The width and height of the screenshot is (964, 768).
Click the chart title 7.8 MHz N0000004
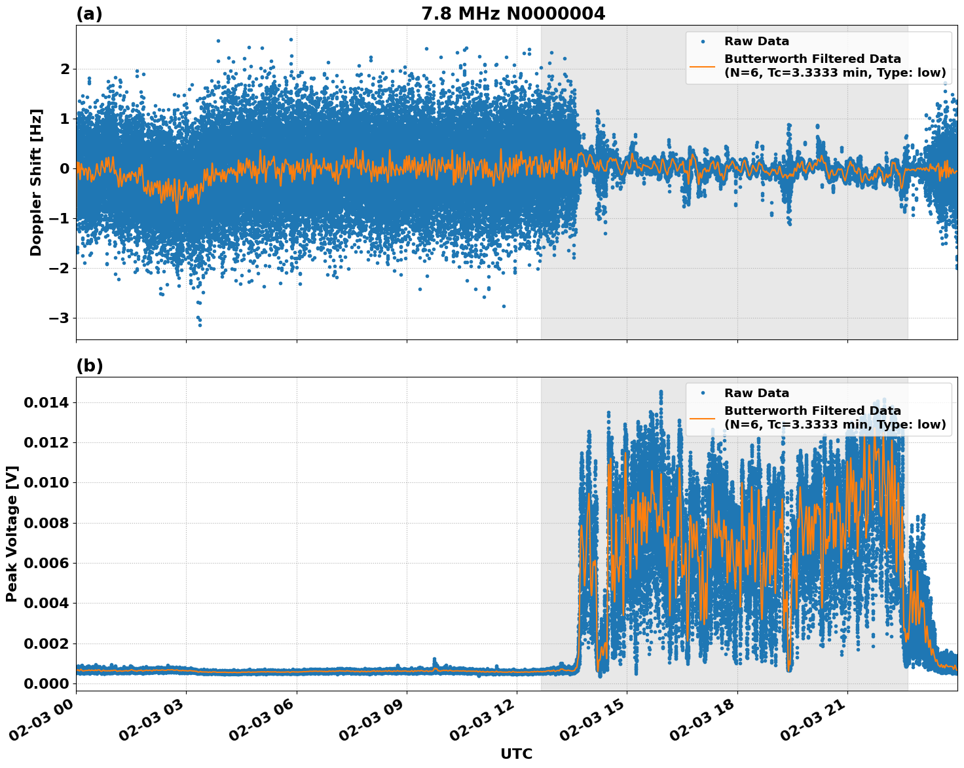pos(513,14)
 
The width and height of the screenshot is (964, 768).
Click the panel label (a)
pos(89,14)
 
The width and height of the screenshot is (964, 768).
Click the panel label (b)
pos(89,366)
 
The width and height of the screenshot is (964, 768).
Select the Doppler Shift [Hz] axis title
pos(36,182)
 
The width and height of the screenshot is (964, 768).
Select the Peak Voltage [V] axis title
pos(12,533)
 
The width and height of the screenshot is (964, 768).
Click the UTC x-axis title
pos(516,754)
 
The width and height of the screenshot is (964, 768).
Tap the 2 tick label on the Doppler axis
pos(65,69)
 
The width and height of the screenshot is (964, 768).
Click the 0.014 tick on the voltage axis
pos(46,402)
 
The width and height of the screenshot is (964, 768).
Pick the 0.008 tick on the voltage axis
pos(46,523)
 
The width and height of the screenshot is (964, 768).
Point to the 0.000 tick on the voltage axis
pos(46,683)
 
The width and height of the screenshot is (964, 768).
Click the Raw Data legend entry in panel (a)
pos(756,41)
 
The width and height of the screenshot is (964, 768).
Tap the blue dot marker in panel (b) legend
pos(703,393)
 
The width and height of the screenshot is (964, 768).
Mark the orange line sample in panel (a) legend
pos(703,66)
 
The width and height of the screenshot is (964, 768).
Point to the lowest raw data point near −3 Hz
pos(200,325)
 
